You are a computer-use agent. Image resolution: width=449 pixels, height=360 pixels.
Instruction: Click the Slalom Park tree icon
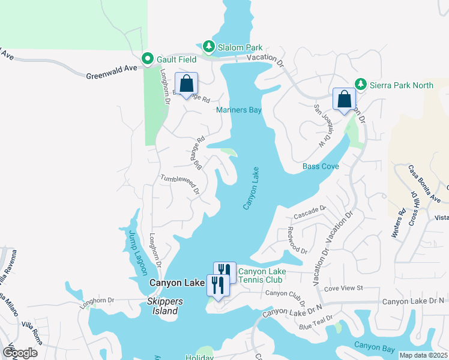tap(208, 47)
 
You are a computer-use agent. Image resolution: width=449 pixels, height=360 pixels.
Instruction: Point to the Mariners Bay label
tap(239, 110)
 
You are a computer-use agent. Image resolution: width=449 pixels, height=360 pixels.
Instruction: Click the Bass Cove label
tap(321, 166)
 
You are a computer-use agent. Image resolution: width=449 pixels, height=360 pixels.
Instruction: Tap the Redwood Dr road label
tap(297, 241)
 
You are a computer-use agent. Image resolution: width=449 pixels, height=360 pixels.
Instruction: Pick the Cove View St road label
tap(344, 289)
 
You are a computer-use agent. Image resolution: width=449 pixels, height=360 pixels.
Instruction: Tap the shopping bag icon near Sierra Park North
tap(345, 99)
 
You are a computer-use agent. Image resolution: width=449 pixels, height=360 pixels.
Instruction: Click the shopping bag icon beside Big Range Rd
tap(186, 84)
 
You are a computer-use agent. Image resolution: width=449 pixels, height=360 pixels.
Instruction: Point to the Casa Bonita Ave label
tap(424, 184)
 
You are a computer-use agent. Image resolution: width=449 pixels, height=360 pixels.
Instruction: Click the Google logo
tap(20, 352)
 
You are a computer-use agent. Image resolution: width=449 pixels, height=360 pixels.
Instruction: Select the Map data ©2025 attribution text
tap(423, 355)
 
